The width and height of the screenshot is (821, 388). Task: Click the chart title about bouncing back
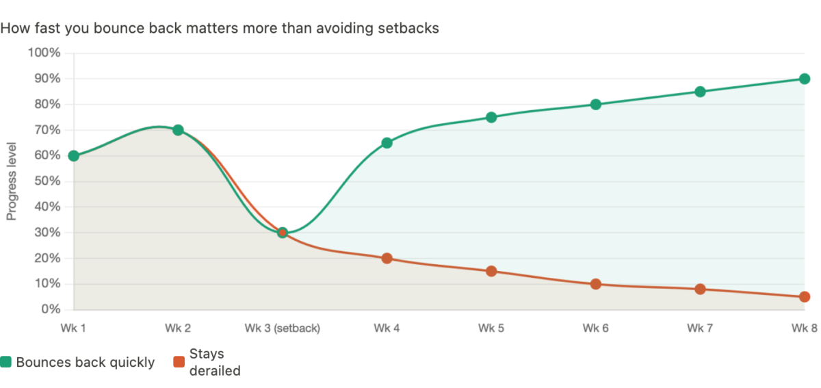click(220, 29)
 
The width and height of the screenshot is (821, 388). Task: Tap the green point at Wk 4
click(387, 143)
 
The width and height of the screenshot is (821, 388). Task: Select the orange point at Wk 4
click(387, 258)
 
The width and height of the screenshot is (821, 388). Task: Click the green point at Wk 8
click(805, 79)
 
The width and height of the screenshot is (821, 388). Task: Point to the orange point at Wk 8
click(805, 297)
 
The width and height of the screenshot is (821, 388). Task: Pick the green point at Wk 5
click(491, 117)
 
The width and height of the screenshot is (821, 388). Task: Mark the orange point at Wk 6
click(596, 284)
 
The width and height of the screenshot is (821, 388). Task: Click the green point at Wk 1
click(74, 156)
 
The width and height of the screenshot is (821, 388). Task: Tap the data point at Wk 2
click(178, 130)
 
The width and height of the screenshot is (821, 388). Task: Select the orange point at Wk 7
click(700, 289)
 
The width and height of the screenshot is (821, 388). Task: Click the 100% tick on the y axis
click(44, 53)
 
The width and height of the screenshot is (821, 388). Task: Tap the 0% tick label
click(49, 309)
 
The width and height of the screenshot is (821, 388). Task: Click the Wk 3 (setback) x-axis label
click(282, 328)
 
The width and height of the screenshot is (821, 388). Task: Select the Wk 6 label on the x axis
click(596, 328)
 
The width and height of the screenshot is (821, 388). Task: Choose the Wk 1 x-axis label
click(74, 328)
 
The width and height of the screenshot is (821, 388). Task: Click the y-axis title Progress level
click(12, 181)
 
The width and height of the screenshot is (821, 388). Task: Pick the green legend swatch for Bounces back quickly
click(6, 362)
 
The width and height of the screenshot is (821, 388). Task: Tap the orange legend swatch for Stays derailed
click(179, 362)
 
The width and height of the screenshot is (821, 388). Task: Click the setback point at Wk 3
click(283, 232)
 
